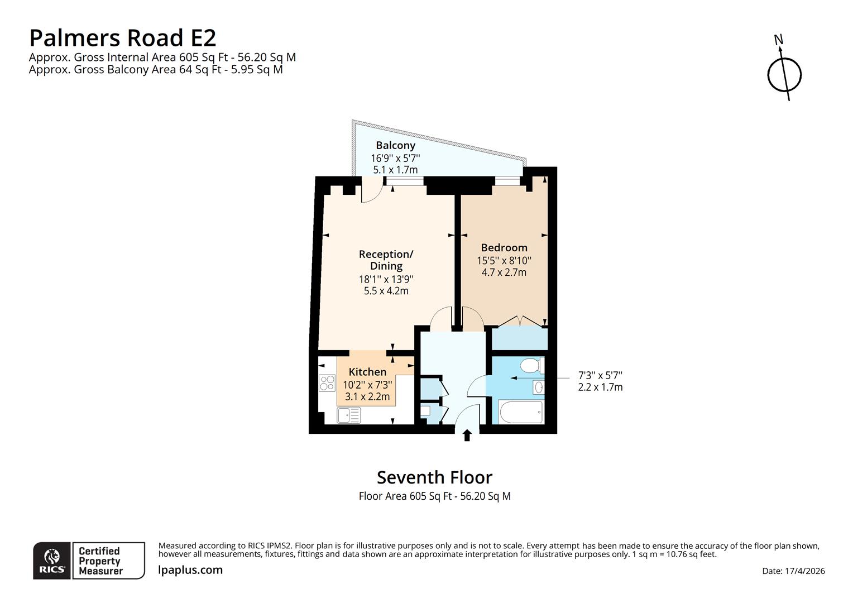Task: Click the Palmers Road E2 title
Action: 122,38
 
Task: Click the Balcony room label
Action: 395,145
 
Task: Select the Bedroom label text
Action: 504,247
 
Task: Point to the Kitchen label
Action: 367,372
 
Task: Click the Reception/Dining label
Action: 386,260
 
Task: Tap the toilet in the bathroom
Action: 530,366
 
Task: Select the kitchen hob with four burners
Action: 327,383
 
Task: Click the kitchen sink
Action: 349,415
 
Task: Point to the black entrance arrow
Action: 467,435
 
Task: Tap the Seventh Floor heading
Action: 434,477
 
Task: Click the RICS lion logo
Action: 52,560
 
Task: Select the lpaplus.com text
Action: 190,570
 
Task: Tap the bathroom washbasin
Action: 538,387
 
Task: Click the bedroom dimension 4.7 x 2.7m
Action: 504,272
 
